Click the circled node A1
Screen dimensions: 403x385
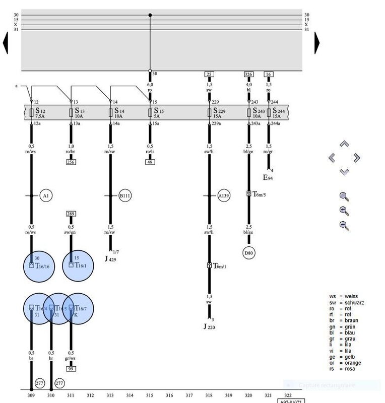point(46,196)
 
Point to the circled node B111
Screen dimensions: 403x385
point(125,196)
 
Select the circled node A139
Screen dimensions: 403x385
point(224,196)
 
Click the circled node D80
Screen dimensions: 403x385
point(248,253)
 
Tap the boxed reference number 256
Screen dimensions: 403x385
point(71,162)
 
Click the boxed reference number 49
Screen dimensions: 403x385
point(150,162)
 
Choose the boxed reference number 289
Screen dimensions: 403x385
point(71,214)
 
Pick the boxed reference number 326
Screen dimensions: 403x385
point(248,75)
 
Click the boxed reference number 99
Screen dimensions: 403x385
point(71,369)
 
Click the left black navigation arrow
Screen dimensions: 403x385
point(6,43)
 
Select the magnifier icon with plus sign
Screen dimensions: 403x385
point(344,211)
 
